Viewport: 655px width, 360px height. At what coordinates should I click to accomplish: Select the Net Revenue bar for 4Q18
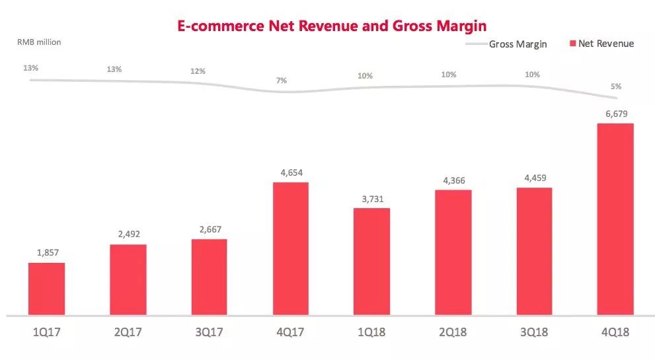click(615, 219)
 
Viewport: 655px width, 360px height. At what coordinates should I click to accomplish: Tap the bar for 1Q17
click(46, 289)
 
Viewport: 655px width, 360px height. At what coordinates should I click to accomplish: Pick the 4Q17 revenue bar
click(290, 248)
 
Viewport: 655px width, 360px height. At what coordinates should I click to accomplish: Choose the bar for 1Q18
click(371, 261)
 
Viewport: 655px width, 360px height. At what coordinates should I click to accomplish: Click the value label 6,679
click(615, 114)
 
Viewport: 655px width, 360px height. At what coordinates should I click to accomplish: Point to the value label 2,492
click(128, 234)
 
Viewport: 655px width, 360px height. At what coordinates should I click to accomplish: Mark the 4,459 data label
click(534, 178)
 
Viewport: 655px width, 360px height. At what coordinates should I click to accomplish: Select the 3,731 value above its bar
click(371, 198)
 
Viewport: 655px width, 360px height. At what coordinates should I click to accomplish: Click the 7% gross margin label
click(282, 81)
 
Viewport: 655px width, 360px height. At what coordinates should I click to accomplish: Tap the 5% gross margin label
click(616, 87)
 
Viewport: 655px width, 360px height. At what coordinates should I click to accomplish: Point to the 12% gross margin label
click(198, 71)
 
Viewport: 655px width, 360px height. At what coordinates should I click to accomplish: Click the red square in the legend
click(572, 44)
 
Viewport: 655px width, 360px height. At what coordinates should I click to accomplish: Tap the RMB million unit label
click(39, 42)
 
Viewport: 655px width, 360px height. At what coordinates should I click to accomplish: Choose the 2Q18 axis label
click(453, 332)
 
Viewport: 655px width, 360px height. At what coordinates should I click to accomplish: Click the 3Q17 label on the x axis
click(209, 332)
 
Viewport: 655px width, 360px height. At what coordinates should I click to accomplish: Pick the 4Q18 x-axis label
click(615, 332)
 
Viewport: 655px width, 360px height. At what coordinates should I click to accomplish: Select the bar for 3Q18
click(534, 251)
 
